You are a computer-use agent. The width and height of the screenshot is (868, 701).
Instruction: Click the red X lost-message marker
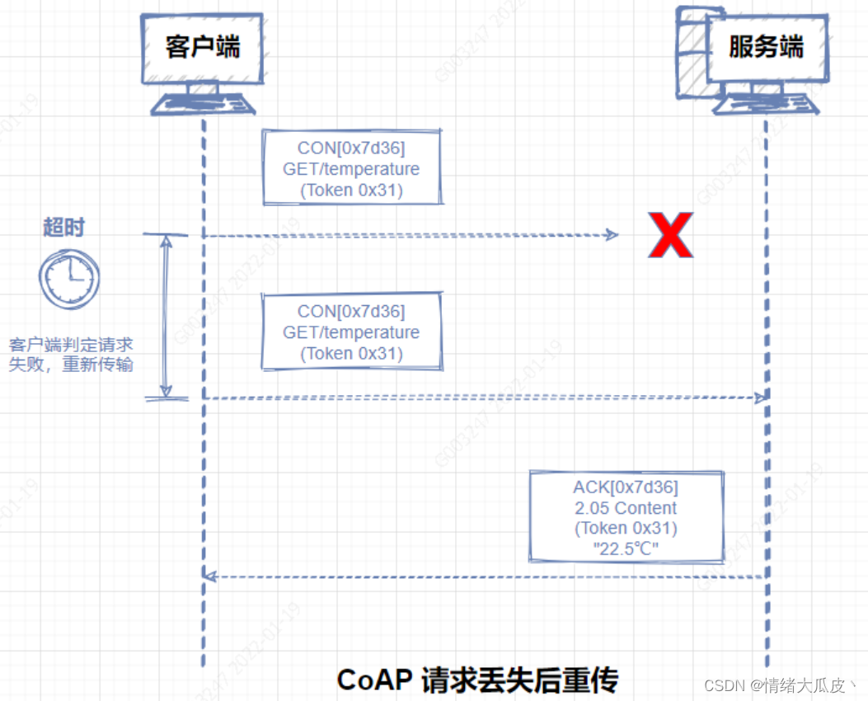pos(669,235)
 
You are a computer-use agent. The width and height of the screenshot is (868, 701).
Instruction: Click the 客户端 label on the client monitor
pos(203,47)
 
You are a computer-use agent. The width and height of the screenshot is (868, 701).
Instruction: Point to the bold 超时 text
pos(63,228)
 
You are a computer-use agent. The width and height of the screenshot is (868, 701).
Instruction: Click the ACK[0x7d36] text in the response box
pos(626,487)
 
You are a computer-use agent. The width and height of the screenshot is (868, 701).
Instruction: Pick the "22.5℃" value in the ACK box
pos(626,548)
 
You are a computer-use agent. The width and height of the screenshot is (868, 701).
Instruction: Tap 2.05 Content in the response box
pos(626,508)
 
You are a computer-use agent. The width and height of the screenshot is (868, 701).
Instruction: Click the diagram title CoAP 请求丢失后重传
pos(477,680)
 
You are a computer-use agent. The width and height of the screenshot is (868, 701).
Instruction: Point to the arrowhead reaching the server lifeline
pos(760,398)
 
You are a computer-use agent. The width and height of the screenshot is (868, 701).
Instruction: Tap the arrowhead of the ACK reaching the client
pos(209,576)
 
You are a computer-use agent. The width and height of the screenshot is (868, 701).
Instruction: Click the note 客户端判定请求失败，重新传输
pos(71,354)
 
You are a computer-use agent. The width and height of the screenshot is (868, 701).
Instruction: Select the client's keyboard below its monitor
pos(203,105)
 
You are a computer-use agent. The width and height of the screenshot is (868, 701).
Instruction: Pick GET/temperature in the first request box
pos(351,169)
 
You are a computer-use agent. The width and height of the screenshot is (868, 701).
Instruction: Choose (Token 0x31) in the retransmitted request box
pos(351,354)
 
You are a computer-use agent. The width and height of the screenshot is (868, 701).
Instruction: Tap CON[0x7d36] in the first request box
pos(351,148)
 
